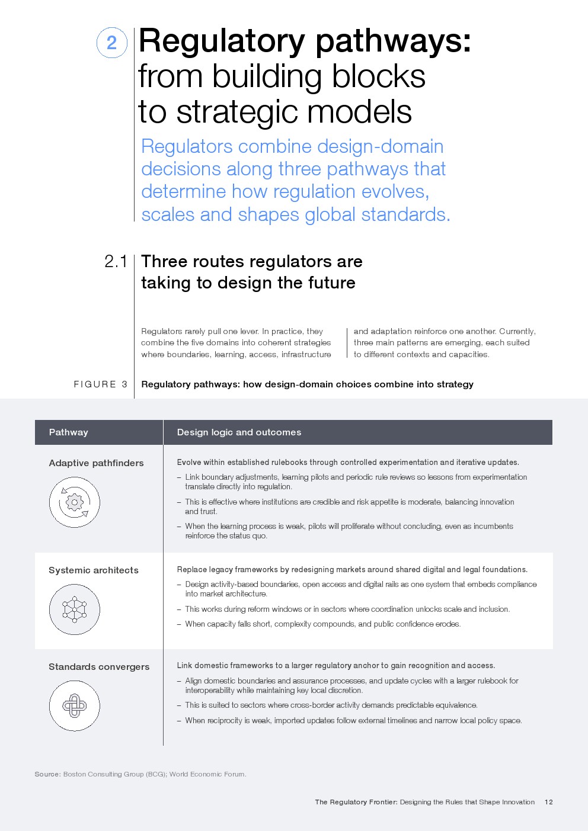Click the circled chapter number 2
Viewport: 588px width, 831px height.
coord(111,43)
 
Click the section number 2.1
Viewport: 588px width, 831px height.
coord(116,261)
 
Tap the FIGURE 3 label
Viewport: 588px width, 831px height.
coord(101,384)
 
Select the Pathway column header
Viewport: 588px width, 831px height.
coord(68,432)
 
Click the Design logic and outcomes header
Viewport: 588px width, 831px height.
coord(239,432)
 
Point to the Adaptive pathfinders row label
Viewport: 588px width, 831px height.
coord(96,463)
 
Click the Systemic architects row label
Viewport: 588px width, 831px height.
coord(94,570)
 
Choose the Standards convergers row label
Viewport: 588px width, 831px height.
coord(99,667)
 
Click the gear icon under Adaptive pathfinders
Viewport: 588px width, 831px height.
coord(75,503)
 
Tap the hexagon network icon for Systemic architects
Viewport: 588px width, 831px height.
coord(75,609)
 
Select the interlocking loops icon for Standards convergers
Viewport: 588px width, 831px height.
coord(75,706)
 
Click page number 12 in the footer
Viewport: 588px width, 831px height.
coord(548,802)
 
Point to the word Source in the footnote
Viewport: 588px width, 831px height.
coord(47,774)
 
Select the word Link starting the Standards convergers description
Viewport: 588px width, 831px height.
coord(184,666)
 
